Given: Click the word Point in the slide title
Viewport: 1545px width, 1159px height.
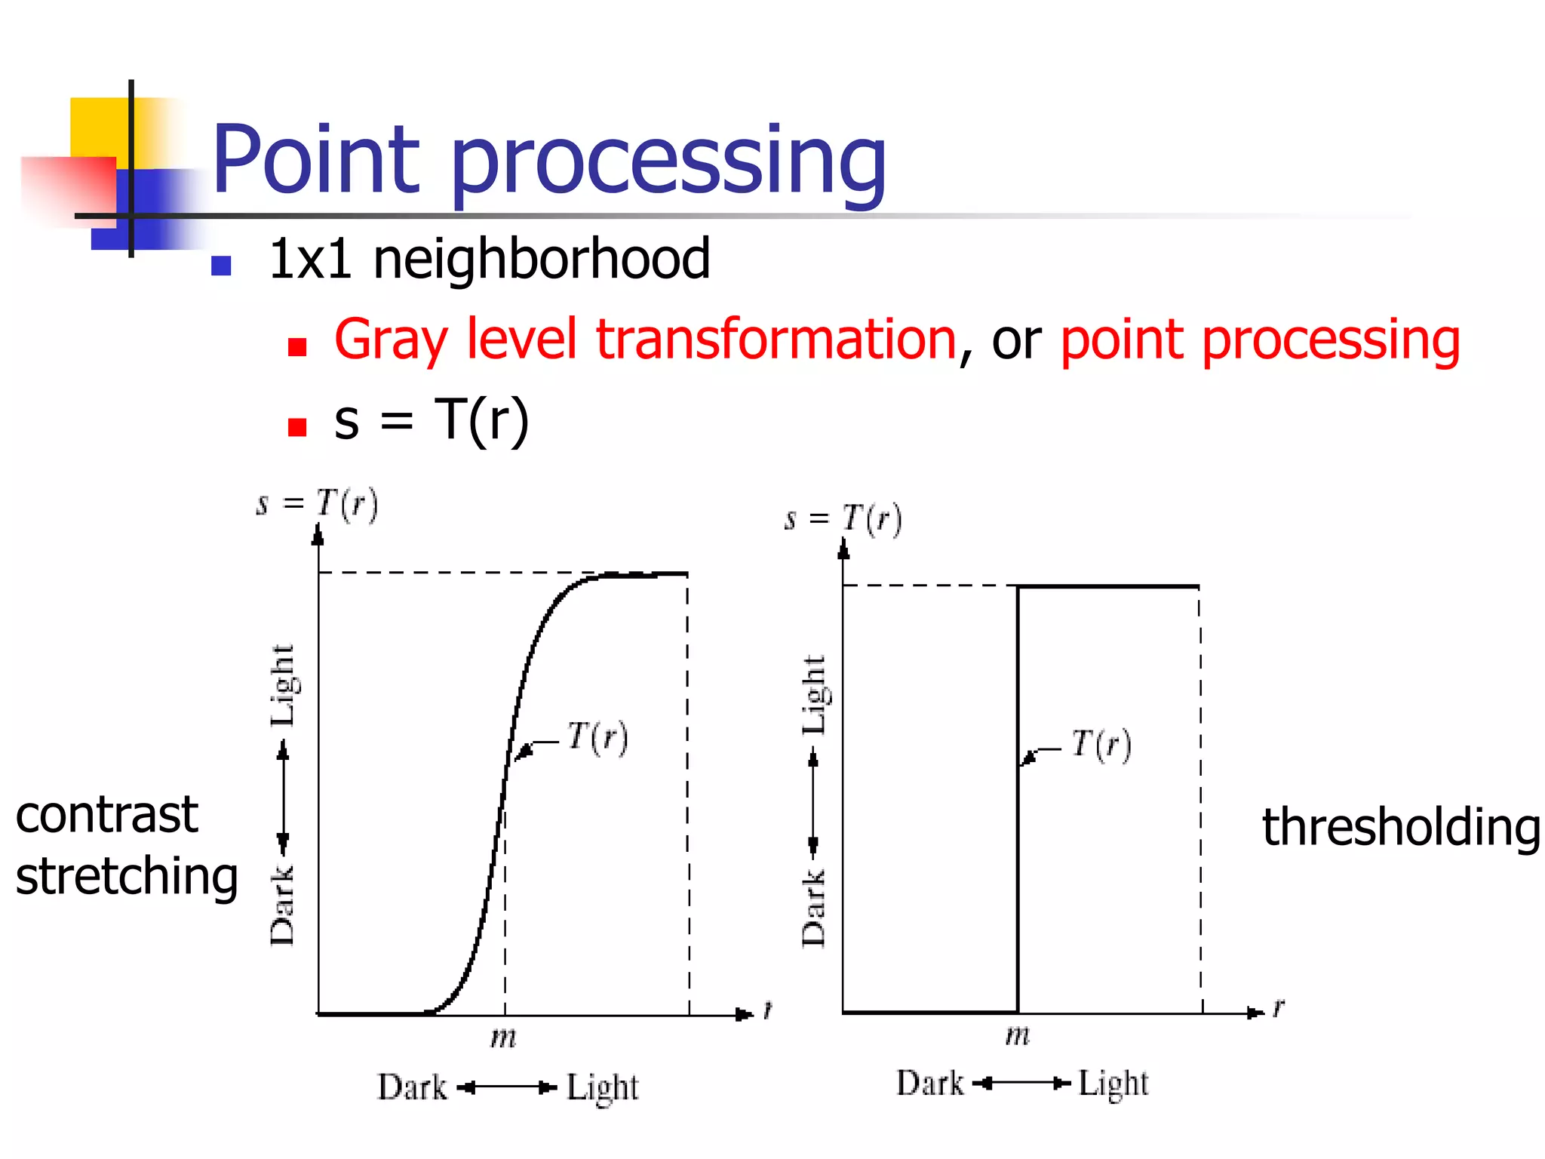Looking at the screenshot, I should [315, 160].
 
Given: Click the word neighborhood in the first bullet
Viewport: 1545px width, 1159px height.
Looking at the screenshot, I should [542, 259].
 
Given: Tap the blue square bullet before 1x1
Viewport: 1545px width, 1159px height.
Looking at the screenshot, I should [221, 266].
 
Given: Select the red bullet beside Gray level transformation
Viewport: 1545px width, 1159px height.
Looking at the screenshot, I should [297, 346].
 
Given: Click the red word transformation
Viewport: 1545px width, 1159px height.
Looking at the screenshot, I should [776, 340].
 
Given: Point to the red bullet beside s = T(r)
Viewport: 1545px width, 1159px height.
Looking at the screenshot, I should [297, 427].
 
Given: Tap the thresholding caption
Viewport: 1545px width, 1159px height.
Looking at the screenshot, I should [1401, 827].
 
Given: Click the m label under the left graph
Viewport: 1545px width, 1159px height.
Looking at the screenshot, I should [503, 1038].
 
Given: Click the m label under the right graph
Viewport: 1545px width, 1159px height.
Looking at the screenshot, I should [1017, 1035].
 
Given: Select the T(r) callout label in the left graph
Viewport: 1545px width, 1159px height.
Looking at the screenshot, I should [597, 737].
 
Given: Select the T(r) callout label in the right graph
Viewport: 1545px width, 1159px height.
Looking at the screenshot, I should [1101, 745].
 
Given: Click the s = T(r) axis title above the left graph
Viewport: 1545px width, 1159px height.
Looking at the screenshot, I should [318, 504].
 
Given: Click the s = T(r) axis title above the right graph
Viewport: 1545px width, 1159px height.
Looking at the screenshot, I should [843, 519].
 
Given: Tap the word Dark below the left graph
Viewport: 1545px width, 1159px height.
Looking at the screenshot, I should [412, 1087].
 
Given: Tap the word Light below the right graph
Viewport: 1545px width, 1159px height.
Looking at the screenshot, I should [1113, 1084].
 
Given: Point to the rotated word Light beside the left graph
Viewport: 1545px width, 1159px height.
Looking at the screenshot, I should [283, 685].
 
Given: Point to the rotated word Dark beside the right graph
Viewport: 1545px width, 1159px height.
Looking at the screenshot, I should [813, 908].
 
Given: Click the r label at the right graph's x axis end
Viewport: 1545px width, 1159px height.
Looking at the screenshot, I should [1278, 1007].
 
